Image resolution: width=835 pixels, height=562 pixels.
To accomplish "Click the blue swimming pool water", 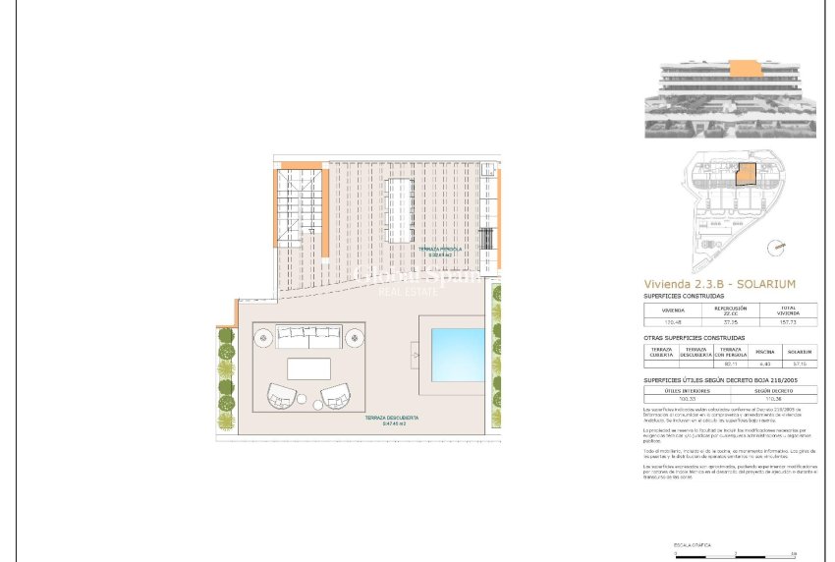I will [458, 354].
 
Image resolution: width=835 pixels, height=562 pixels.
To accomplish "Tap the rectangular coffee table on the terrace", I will [308, 368].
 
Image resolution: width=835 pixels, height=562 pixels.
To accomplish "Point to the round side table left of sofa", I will [263, 339].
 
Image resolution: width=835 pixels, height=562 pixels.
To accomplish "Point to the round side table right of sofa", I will [354, 339].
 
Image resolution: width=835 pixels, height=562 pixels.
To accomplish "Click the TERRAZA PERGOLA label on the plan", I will [440, 251].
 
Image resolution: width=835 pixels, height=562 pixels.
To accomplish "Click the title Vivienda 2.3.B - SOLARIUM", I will [719, 283].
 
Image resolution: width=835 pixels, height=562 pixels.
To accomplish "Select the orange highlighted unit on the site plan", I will [747, 177].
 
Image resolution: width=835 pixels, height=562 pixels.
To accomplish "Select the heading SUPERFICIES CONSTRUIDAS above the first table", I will [683, 296].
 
